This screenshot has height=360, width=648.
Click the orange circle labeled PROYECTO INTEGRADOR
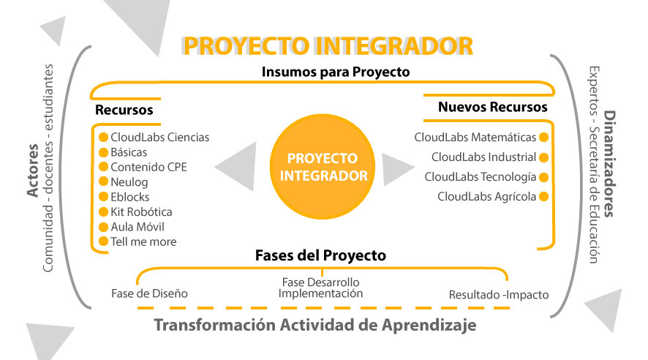pyautogui.click(x=324, y=167)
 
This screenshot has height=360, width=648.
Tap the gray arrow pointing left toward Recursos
pyautogui.click(x=240, y=167)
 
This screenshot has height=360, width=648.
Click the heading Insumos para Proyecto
pyautogui.click(x=335, y=72)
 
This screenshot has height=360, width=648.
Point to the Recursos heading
pyautogui.click(x=124, y=110)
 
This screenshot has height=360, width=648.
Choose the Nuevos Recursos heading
pyautogui.click(x=493, y=107)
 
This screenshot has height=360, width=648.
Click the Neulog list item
pyautogui.click(x=129, y=181)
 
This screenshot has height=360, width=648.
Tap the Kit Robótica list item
pyautogui.click(x=141, y=211)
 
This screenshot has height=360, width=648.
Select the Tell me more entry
pyautogui.click(x=143, y=241)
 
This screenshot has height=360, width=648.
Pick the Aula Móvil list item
pyautogui.click(x=139, y=227)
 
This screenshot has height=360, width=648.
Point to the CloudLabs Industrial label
pyautogui.click(x=483, y=157)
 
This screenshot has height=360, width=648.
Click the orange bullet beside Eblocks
pyautogui.click(x=103, y=197)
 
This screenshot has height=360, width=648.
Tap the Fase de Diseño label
pyautogui.click(x=149, y=293)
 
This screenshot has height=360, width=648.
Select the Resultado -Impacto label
pyautogui.click(x=499, y=296)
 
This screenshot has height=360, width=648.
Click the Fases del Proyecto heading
pyautogui.click(x=320, y=256)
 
